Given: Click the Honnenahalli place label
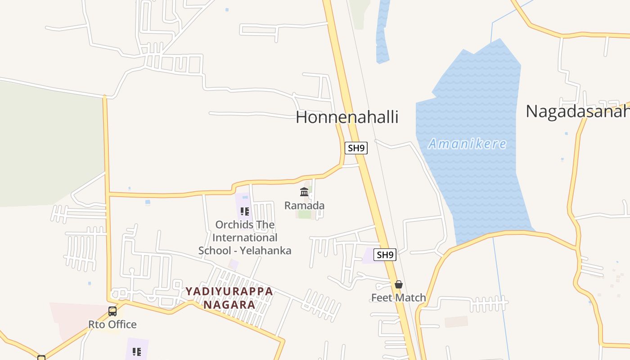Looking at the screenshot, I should pos(347,117).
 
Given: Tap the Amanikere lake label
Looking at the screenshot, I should pos(467,144).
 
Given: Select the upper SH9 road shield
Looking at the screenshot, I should pos(356,148).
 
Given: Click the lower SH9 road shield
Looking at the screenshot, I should pos(385,255).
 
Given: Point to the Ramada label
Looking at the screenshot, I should pos(304,206).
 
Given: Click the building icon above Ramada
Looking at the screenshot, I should pos(304,192).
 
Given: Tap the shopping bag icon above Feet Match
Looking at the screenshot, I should pos(398,284).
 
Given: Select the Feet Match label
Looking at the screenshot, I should pos(398,297).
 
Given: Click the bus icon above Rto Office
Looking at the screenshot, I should pos(112,311).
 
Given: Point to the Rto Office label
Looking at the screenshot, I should pos(112,324).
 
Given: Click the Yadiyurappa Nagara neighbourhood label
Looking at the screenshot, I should pos(229,298).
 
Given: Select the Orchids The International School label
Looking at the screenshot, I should pos(245,237).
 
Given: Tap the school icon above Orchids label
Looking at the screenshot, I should pos(245,211).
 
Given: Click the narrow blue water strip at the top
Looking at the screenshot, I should pos(382,31).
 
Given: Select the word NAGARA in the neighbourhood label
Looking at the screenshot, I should pos(229,305).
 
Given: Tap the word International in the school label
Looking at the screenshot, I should pos(245,238).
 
